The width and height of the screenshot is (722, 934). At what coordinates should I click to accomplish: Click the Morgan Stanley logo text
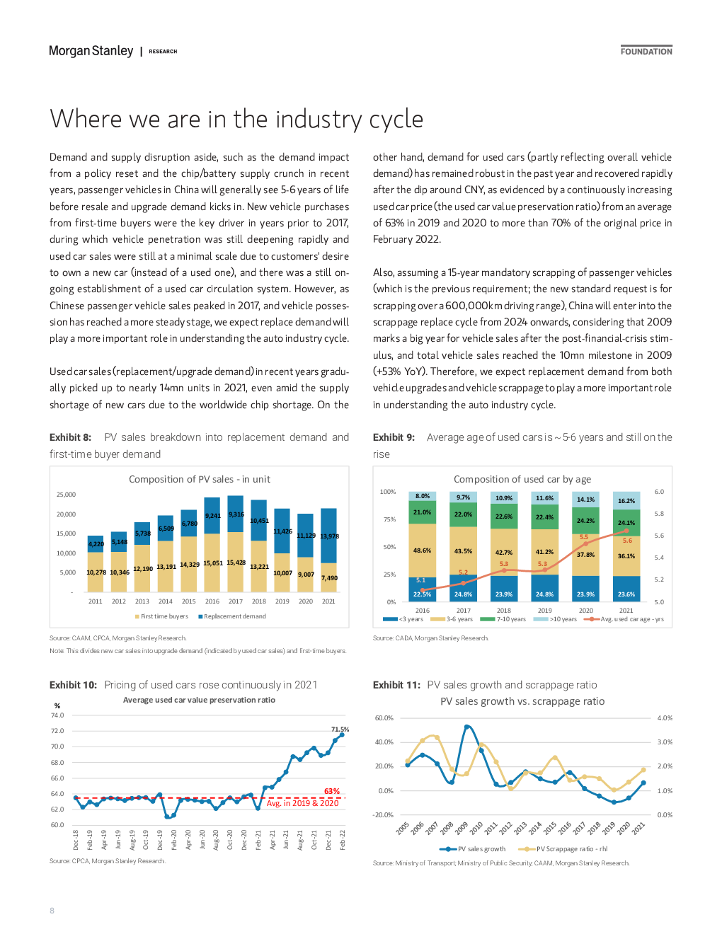[x=91, y=51]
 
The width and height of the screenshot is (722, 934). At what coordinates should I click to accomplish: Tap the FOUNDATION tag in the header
[x=646, y=52]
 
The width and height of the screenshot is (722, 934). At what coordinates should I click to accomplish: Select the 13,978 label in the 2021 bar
[x=329, y=536]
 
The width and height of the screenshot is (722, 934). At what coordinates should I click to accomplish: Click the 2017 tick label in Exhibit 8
[x=235, y=601]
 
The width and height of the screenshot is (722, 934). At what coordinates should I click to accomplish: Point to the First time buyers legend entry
[x=161, y=616]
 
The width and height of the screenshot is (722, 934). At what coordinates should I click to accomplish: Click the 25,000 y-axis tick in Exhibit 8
[x=66, y=495]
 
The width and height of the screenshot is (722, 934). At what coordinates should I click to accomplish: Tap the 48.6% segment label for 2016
[x=422, y=550]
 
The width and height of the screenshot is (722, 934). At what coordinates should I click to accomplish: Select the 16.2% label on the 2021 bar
[x=626, y=501]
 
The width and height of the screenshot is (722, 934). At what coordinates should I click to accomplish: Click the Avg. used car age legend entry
[x=624, y=619]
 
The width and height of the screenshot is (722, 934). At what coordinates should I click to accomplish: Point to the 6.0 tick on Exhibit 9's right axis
[x=659, y=491]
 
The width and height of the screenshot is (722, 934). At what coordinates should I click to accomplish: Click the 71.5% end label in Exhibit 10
[x=340, y=729]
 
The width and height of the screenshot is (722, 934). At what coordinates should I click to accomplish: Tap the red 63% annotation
[x=331, y=791]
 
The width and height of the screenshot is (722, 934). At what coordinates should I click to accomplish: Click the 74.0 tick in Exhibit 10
[x=57, y=715]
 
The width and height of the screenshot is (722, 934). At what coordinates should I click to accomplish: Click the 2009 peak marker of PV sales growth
[x=467, y=727]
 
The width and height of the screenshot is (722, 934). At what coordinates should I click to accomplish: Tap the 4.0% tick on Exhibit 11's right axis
[x=665, y=717]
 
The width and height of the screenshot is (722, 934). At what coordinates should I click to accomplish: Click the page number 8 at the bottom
[x=52, y=911]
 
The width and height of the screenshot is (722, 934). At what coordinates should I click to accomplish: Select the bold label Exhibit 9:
[x=394, y=437]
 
